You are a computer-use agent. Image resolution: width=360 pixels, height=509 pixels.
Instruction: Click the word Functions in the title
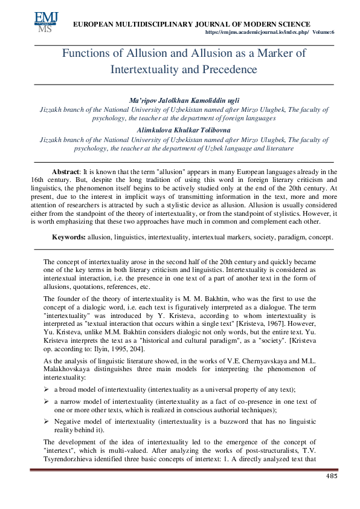pos(85,53)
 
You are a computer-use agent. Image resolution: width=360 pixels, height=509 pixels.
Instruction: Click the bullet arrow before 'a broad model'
pos(46,390)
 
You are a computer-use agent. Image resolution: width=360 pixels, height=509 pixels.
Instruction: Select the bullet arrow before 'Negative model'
pos(46,421)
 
